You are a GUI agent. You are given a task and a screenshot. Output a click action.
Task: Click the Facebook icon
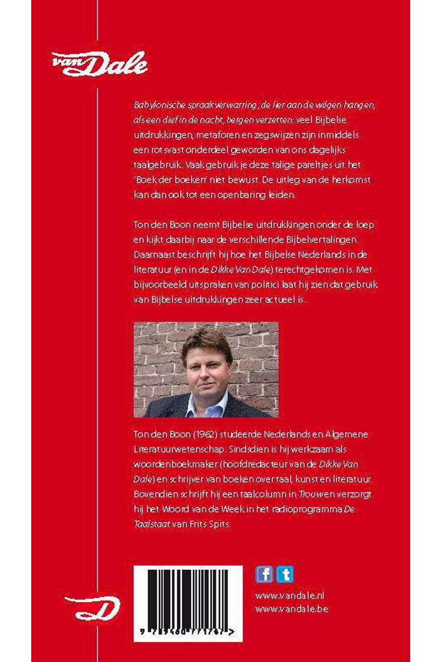(x=264, y=575)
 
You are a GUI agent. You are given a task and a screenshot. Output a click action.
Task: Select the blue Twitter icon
(x=285, y=575)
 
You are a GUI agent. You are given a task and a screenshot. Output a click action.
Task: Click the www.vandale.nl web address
(x=290, y=596)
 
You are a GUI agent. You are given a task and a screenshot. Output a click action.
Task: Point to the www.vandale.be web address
(x=291, y=609)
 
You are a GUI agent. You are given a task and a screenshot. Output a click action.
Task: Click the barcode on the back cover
(x=188, y=599)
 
